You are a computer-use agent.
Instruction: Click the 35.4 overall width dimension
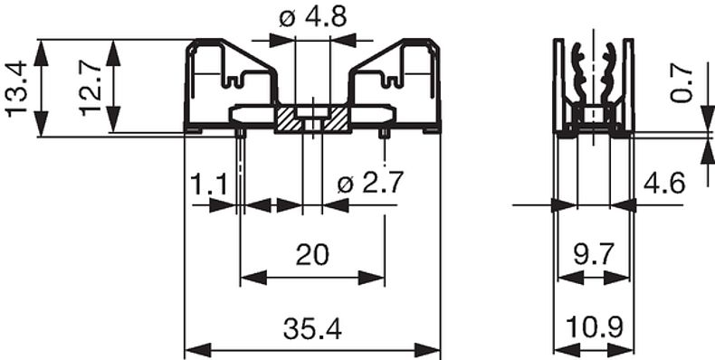pos(312,329)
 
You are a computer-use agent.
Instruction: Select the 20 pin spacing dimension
pos(312,255)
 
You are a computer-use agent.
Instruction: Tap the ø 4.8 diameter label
pos(313,17)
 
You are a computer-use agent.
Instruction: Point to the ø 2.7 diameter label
pos(370,185)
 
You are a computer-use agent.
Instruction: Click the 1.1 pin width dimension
pos(208,185)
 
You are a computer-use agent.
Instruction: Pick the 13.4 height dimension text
pos(17,89)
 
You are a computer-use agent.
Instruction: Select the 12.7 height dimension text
pos(90,89)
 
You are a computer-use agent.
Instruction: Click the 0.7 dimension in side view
pos(682,85)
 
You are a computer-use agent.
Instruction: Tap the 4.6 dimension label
pos(664,185)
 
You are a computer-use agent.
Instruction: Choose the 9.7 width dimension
pos(594,255)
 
